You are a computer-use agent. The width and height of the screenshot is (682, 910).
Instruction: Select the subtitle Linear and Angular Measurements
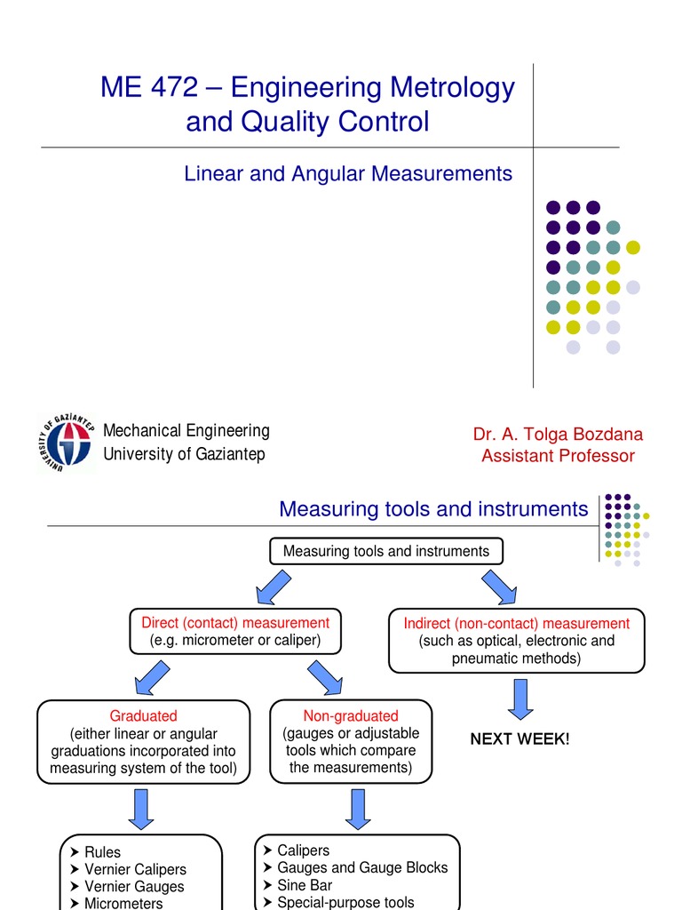(x=348, y=173)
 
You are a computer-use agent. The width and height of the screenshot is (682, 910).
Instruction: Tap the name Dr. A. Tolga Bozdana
(x=558, y=435)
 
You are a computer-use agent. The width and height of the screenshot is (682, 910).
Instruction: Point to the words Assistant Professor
(x=558, y=456)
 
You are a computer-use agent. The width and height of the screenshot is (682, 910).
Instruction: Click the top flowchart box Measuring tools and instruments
(x=385, y=551)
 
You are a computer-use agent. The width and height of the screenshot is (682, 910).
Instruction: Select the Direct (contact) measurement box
(x=229, y=632)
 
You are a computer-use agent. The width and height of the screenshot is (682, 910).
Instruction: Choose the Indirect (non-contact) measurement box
(x=516, y=641)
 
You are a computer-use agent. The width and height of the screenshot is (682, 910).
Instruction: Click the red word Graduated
(x=143, y=715)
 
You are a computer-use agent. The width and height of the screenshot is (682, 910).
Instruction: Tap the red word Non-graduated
(x=351, y=715)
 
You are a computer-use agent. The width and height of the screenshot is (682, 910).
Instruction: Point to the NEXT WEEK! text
(x=519, y=739)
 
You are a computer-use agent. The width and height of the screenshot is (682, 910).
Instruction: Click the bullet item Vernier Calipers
(x=135, y=869)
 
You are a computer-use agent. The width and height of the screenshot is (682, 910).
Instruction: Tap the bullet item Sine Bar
(x=305, y=885)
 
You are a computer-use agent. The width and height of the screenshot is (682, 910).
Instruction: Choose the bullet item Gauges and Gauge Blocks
(x=362, y=867)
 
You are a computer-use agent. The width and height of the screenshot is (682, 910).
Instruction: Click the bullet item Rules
(x=102, y=852)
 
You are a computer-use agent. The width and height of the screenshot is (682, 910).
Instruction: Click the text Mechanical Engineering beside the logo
(x=186, y=431)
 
